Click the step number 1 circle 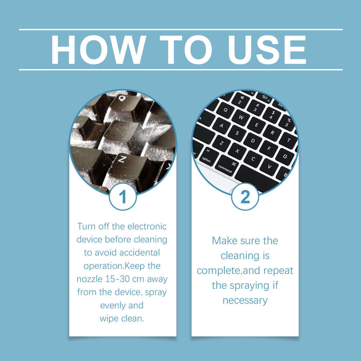[123, 197]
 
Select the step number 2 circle [245, 197]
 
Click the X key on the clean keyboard [237, 151]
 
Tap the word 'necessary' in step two [245, 300]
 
